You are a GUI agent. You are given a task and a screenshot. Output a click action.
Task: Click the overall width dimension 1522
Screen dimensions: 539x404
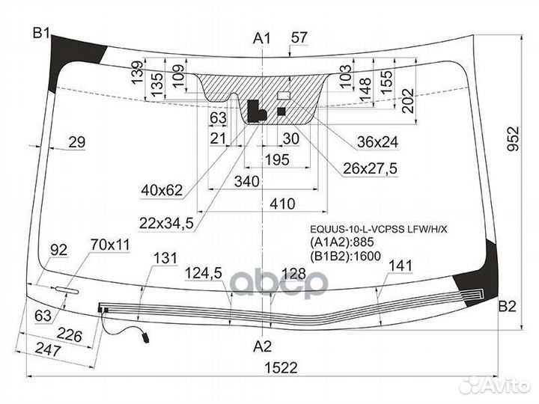(281, 368)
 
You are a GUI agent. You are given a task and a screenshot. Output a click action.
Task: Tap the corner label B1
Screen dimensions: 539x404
(42, 34)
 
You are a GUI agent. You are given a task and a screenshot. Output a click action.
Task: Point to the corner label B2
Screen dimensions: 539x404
(508, 306)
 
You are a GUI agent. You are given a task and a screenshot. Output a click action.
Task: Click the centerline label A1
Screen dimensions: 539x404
(262, 38)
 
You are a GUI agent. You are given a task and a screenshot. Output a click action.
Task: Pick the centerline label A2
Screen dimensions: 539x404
(262, 346)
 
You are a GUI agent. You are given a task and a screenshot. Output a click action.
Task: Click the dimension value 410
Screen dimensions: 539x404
(282, 204)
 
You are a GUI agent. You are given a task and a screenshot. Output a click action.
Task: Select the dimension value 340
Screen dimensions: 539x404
(246, 181)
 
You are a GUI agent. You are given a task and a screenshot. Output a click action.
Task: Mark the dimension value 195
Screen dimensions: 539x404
(277, 160)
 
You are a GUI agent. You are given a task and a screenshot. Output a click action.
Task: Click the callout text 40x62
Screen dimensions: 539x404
(162, 190)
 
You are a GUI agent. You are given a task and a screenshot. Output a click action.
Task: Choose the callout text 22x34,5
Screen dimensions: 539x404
(166, 224)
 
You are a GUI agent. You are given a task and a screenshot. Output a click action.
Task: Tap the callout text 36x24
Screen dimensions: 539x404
(377, 141)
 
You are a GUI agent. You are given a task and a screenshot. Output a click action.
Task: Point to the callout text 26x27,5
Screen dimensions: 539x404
(370, 168)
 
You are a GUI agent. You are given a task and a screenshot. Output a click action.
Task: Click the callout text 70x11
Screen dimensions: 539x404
(110, 245)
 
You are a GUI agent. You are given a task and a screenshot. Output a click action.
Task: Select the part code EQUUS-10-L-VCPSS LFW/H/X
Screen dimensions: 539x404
(379, 229)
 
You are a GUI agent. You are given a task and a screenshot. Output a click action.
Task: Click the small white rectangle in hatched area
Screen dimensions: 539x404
(284, 95)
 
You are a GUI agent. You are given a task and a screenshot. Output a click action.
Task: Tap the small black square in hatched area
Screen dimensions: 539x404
(281, 111)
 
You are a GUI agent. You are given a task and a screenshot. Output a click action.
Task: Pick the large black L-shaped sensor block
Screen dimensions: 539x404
(256, 111)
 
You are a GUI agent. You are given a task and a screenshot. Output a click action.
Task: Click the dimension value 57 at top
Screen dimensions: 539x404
(299, 37)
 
